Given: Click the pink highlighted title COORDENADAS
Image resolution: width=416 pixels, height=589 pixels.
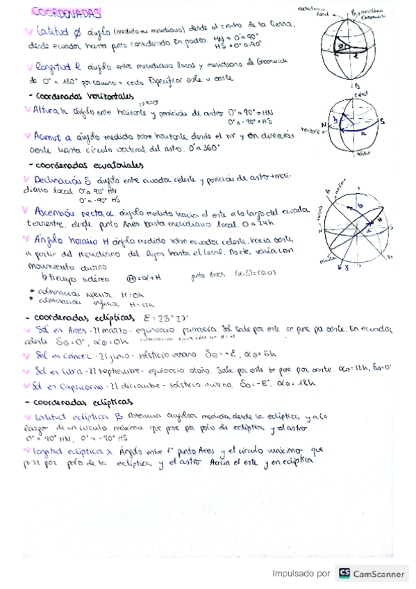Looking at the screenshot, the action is pos(67,13).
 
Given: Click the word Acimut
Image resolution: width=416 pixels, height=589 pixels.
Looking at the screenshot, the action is pos(47,137).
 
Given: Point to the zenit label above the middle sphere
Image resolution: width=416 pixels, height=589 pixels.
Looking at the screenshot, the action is pos(360,92).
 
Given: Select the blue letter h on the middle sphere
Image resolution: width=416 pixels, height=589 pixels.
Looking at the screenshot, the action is pos(335,119).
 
